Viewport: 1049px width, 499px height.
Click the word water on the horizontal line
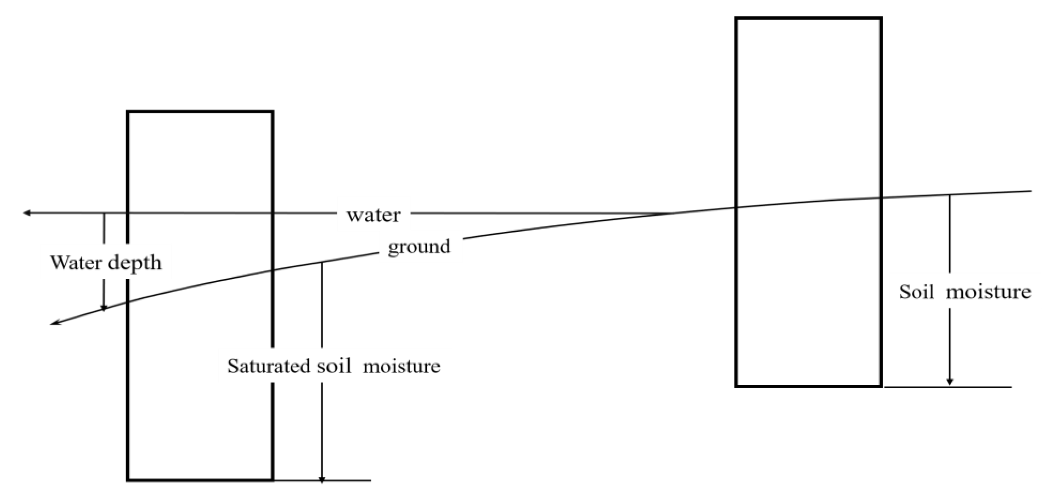pyautogui.click(x=373, y=215)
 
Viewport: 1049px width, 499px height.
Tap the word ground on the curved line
pyautogui.click(x=419, y=247)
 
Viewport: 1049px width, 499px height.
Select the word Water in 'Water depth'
pyautogui.click(x=76, y=263)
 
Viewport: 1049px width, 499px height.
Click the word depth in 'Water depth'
pyautogui.click(x=135, y=263)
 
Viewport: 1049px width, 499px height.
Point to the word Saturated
pyautogui.click(x=268, y=366)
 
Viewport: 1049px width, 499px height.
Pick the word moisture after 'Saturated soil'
pyautogui.click(x=401, y=366)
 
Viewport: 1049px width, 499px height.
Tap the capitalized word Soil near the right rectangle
pyautogui.click(x=916, y=292)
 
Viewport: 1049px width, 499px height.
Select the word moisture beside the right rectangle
pyautogui.click(x=988, y=292)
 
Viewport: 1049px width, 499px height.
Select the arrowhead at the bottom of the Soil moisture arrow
pyautogui.click(x=950, y=382)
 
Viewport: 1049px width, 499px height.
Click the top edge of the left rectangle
pyautogui.click(x=200, y=112)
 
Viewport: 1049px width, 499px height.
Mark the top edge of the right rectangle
pyautogui.click(x=808, y=18)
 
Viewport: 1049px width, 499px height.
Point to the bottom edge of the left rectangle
pyautogui.click(x=200, y=479)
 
